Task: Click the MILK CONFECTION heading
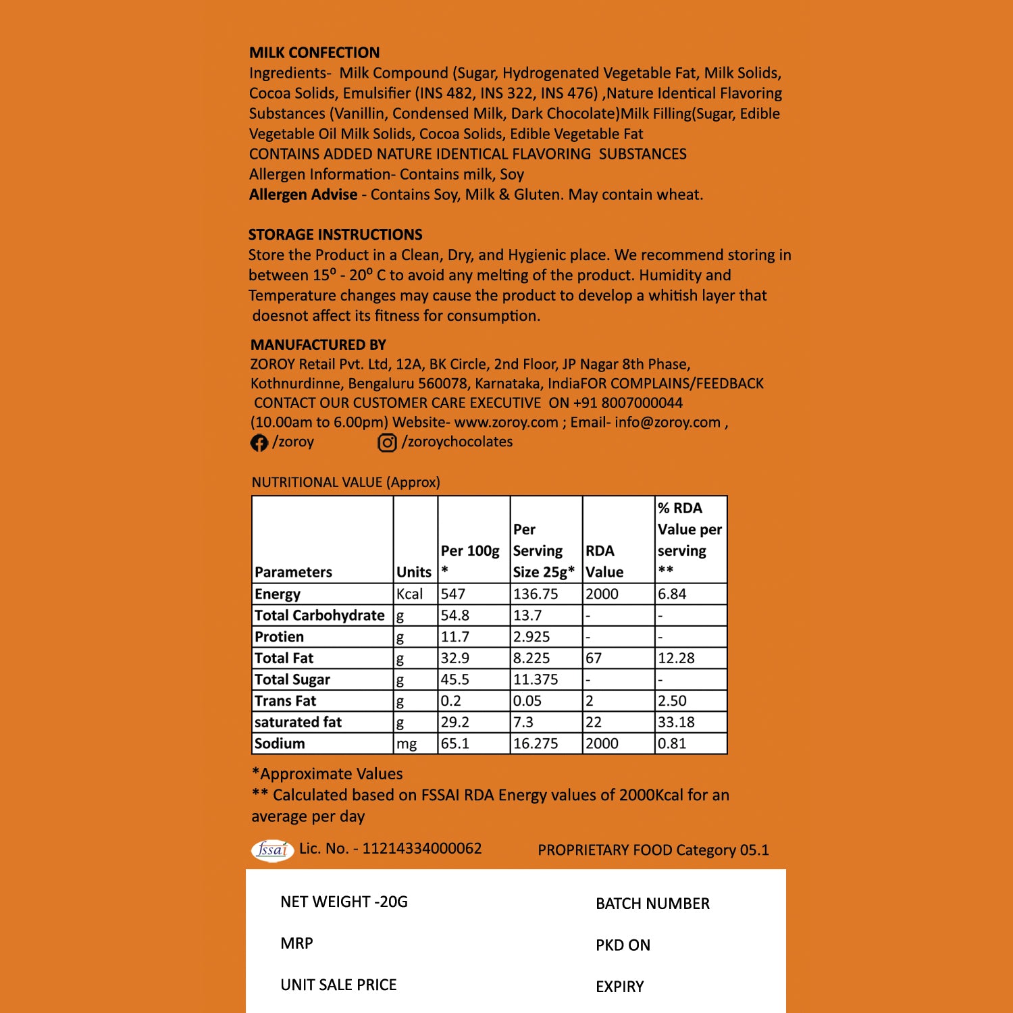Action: (x=314, y=53)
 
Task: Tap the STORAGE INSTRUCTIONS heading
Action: (x=335, y=235)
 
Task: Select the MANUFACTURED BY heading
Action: (x=318, y=345)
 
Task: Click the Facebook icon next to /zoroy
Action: (x=259, y=442)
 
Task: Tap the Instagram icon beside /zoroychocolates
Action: (x=387, y=442)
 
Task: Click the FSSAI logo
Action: (x=272, y=850)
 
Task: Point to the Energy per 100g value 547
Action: (x=453, y=594)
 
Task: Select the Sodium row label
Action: (x=280, y=744)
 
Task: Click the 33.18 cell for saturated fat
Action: (x=676, y=722)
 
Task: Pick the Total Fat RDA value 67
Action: (x=594, y=658)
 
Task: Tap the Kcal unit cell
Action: (x=410, y=594)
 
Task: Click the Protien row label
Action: (x=279, y=637)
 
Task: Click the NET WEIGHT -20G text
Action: (x=344, y=902)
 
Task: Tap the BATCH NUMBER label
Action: (x=652, y=904)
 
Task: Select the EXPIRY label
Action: (x=619, y=987)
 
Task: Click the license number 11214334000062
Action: (x=422, y=849)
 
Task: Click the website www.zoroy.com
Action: (x=506, y=423)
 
